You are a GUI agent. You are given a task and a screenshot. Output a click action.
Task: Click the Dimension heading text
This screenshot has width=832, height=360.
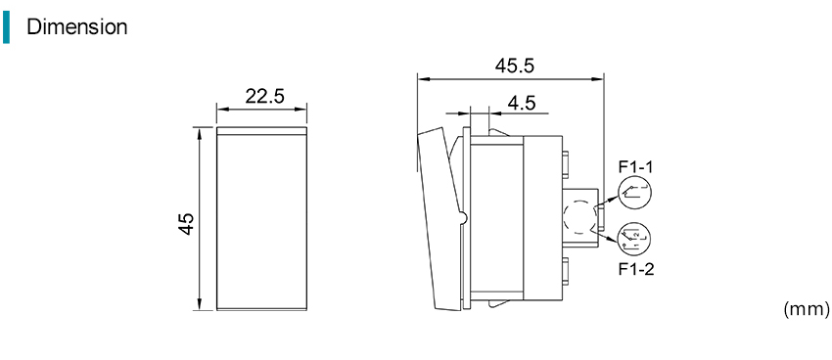(77, 26)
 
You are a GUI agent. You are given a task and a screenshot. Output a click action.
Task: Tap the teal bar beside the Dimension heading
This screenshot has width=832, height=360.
(6, 27)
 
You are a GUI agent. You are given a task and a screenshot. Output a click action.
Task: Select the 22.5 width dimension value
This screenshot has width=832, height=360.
(265, 97)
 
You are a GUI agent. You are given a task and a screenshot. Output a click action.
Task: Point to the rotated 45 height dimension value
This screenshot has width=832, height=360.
(186, 223)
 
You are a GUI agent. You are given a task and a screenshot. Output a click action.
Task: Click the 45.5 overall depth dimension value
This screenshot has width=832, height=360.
(515, 66)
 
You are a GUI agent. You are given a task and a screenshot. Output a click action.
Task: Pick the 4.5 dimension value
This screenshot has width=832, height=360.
(521, 103)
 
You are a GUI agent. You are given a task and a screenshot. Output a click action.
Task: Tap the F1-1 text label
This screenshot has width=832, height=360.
(636, 167)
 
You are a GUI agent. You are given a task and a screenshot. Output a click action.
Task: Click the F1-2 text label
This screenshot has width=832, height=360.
(636, 269)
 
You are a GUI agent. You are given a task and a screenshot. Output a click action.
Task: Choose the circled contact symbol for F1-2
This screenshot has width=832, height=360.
(633, 237)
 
